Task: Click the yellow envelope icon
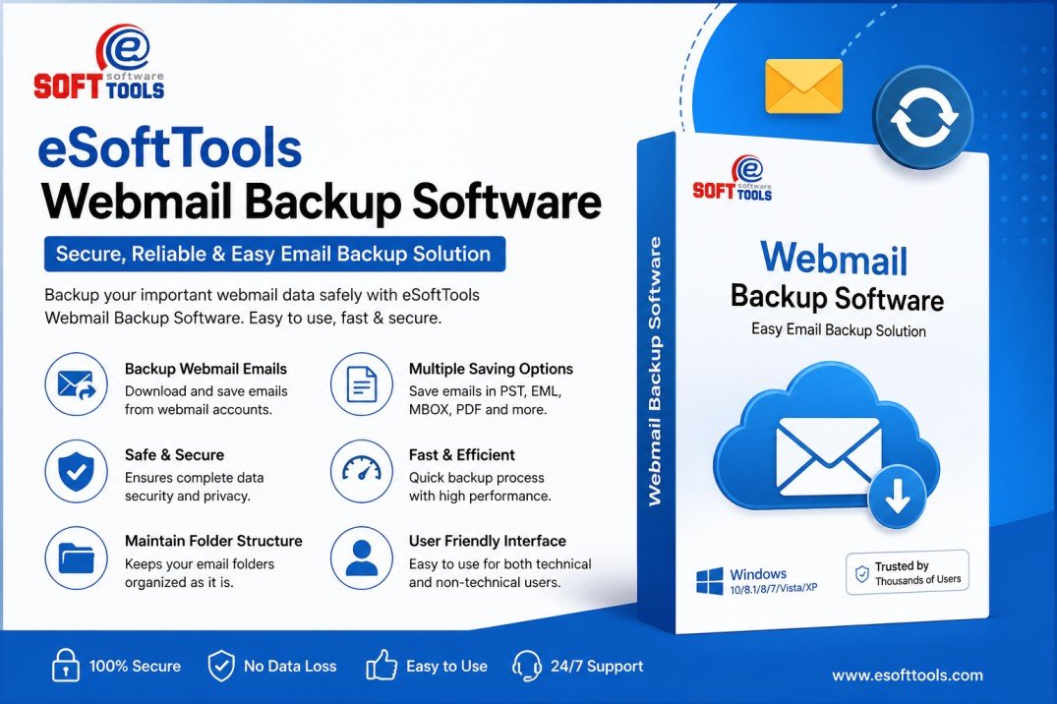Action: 804,87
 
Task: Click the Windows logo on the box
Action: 709,580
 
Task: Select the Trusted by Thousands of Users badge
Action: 907,572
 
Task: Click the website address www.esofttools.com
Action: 907,675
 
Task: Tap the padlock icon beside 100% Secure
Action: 65,666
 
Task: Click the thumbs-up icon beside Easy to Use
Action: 382,666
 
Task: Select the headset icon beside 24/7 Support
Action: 527,666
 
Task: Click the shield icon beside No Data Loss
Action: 220,666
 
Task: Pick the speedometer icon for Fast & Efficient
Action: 361,470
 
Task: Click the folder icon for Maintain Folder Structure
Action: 77,557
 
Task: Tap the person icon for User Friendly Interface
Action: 361,557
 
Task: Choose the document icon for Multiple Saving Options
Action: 361,383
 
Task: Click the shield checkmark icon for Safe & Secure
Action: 77,470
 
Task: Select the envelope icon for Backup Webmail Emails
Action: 77,383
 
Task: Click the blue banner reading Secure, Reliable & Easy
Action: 274,254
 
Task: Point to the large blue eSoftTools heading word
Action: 169,148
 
